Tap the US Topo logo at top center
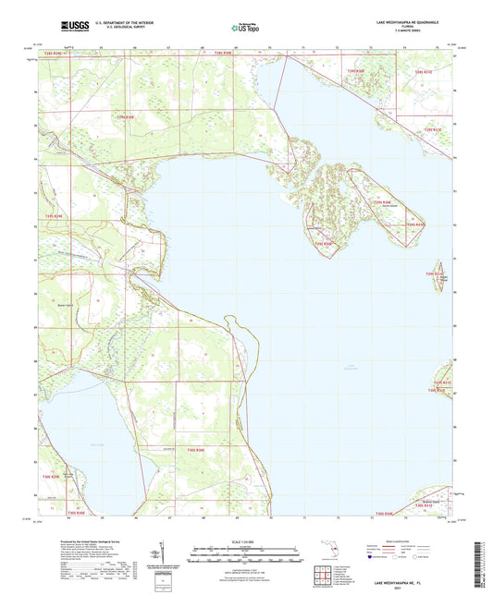coord(245,29)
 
